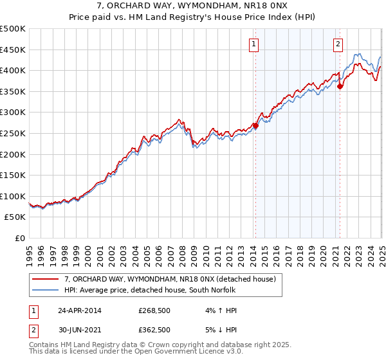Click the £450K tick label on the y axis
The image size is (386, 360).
click(x=12, y=50)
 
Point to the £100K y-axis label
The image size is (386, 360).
click(x=12, y=196)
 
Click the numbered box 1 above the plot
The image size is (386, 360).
click(x=255, y=44)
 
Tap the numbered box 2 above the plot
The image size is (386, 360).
click(x=338, y=44)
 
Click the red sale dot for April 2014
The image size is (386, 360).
click(x=255, y=126)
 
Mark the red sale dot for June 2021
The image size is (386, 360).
click(x=340, y=87)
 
